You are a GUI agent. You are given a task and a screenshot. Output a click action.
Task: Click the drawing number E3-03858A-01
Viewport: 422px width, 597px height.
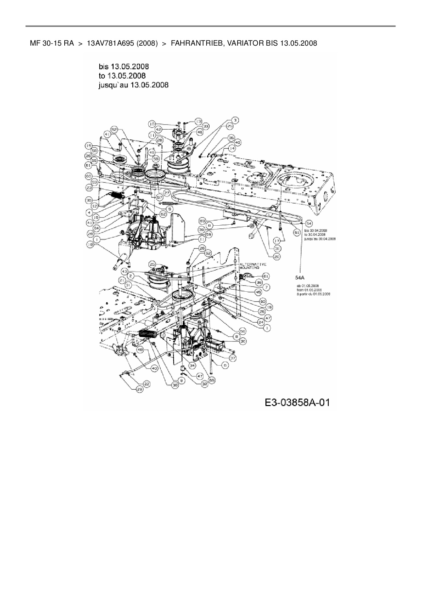click(x=297, y=403)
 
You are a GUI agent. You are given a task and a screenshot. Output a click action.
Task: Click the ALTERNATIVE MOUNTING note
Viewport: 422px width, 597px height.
click(x=253, y=266)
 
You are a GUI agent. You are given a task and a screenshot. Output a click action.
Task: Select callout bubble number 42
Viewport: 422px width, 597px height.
click(x=158, y=129)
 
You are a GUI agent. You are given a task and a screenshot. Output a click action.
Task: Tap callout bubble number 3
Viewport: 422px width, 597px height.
click(x=234, y=120)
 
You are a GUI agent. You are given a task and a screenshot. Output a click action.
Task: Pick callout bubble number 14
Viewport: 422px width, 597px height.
click(x=232, y=148)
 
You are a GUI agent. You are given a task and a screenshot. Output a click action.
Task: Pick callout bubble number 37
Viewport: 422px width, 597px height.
click(x=233, y=358)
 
